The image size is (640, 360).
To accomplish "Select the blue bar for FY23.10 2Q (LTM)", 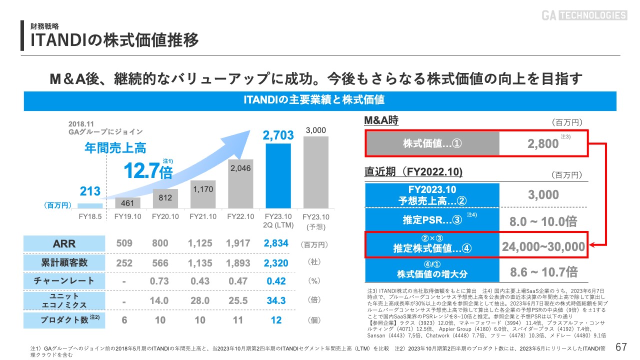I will (x=278, y=175).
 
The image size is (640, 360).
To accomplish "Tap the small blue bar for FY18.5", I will (x=90, y=205).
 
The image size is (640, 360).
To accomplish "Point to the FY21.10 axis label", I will (x=203, y=216).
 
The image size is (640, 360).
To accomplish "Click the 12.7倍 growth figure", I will (x=148, y=171).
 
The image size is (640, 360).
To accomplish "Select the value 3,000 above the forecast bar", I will (x=315, y=130).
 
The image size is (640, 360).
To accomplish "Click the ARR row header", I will (x=64, y=243).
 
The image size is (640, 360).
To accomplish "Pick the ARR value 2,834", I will (x=276, y=243).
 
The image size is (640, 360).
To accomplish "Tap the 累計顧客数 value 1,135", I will (x=200, y=263).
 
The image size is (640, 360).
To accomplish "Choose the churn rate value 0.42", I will (x=276, y=281).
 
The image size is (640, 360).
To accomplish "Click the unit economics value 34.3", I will (x=276, y=300).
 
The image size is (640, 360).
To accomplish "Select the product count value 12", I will (x=276, y=320).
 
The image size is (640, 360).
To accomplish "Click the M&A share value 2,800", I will (x=543, y=144).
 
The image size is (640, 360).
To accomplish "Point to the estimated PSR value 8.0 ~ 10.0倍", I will (x=543, y=221).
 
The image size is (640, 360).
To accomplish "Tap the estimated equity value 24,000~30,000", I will (x=543, y=246).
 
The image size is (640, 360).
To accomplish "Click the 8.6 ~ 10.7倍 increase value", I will (x=543, y=272).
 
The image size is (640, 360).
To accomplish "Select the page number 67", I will (x=621, y=347).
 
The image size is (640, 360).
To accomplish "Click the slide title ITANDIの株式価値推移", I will (x=114, y=40).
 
